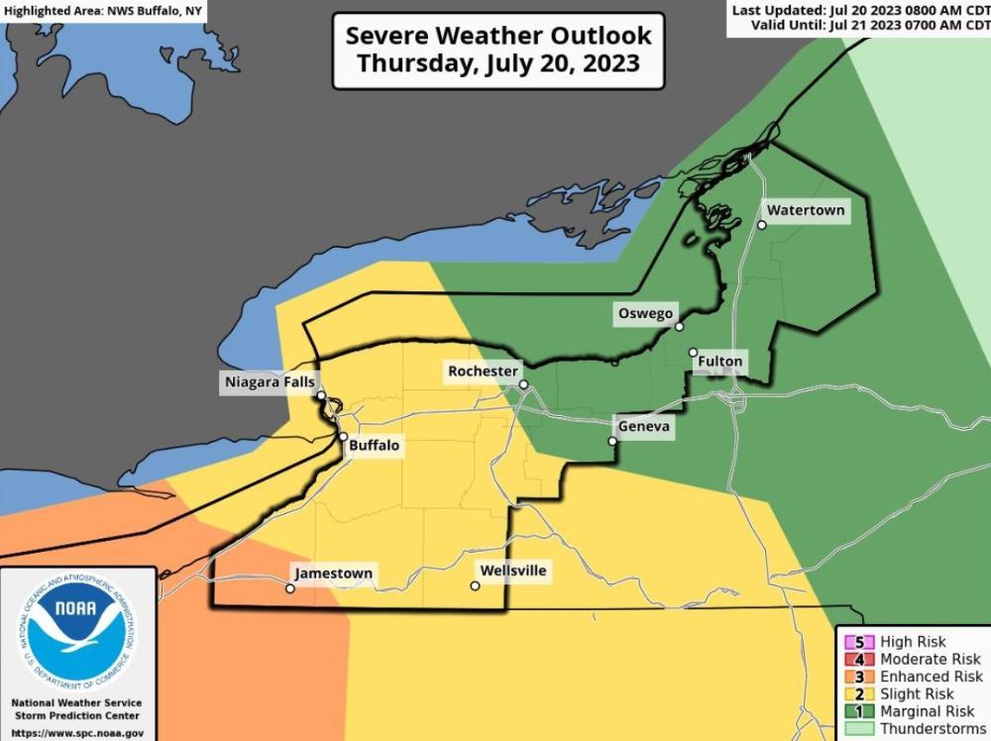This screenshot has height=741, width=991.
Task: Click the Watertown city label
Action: point(806,211)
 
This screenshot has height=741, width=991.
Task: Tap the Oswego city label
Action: point(645,313)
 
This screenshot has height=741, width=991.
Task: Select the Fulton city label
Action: point(719,362)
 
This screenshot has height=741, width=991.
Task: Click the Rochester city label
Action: point(483,370)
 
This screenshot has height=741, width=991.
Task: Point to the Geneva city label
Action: point(644,427)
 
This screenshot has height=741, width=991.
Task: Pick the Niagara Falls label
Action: point(270,381)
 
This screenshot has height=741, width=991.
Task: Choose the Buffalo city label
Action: point(375,446)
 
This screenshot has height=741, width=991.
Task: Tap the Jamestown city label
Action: point(333,574)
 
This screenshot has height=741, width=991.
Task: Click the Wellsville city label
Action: point(512,571)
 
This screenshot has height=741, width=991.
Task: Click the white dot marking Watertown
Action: point(762,225)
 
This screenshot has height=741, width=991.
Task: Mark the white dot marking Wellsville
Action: point(476,586)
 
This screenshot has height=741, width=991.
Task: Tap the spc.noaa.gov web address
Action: point(77,734)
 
